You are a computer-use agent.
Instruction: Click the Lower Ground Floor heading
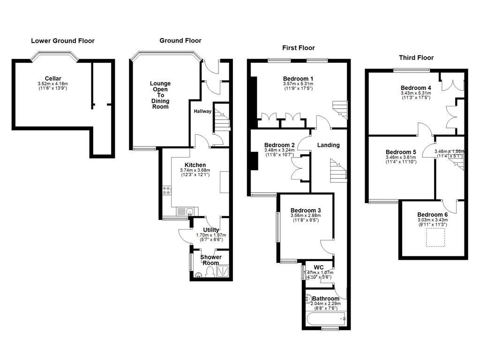[x=63, y=41]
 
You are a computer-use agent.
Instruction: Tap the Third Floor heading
[x=416, y=58]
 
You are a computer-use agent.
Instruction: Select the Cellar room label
[x=53, y=78]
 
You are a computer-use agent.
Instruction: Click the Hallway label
[x=203, y=112]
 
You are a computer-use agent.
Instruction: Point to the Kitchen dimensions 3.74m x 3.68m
[x=195, y=170]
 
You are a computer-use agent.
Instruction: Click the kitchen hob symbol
[x=167, y=190]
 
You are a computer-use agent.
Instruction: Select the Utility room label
[x=211, y=230]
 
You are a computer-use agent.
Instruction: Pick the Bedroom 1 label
[x=298, y=78]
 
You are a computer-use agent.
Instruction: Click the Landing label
[x=328, y=145]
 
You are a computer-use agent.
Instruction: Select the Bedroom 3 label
[x=306, y=210]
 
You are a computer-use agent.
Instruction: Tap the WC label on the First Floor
[x=319, y=267]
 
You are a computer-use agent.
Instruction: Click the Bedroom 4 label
[x=416, y=88]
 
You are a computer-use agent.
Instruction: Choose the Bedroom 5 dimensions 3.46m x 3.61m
[x=401, y=157]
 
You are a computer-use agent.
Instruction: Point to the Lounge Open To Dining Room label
[x=160, y=95]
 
